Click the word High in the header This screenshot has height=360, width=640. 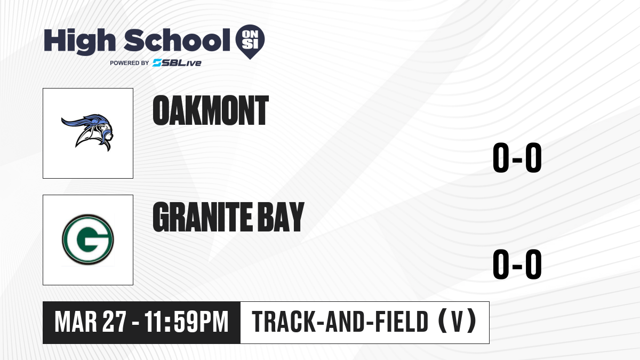[79, 41]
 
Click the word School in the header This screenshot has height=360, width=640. [177, 40]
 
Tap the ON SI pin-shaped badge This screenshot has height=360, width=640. [250, 42]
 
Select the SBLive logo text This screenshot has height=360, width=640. [177, 63]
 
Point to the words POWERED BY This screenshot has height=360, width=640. [130, 63]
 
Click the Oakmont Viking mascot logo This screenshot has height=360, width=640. [87, 132]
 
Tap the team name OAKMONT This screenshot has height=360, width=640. [211, 110]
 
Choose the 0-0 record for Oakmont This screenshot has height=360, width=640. [517, 157]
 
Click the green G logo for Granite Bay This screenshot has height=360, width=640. [87, 239]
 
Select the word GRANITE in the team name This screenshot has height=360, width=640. [203, 217]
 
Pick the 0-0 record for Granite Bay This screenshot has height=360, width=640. [517, 264]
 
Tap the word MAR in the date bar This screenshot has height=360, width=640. [76, 322]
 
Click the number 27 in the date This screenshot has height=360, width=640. [114, 322]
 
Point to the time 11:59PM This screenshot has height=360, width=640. [186, 322]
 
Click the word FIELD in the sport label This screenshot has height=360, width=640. [402, 322]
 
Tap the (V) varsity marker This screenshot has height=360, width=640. [457, 321]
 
